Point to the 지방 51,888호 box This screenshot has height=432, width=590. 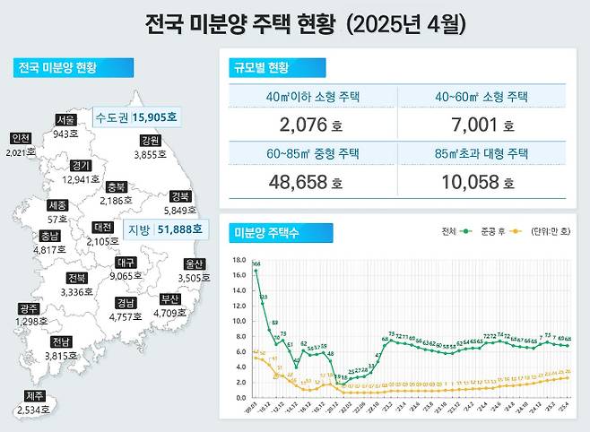pyautogui.click(x=165, y=229)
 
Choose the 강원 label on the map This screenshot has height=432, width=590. pyautogui.click(x=150, y=141)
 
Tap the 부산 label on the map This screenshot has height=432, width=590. pyautogui.click(x=169, y=298)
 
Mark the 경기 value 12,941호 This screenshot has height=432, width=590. pyautogui.click(x=82, y=179)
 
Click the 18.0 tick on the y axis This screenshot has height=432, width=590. pyautogui.click(x=238, y=260)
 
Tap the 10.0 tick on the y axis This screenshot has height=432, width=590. pyautogui.click(x=238, y=321)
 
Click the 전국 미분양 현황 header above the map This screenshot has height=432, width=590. pyautogui.click(x=57, y=68)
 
